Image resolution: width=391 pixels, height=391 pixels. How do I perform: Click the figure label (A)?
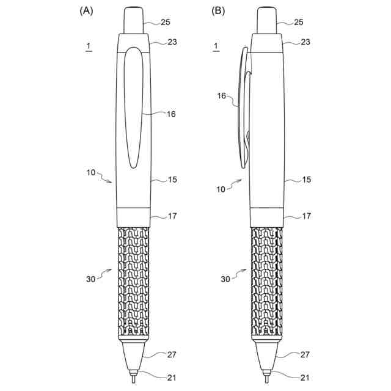[86, 10]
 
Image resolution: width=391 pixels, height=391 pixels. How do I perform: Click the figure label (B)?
[218, 10]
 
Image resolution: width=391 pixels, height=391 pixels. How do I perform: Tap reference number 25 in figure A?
[166, 22]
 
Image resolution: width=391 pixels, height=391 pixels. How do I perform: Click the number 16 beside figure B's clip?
[222, 96]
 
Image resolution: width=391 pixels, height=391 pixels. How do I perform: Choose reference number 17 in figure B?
[306, 216]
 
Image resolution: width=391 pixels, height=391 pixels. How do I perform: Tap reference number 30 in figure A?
[90, 279]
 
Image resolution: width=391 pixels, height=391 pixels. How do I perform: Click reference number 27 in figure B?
[306, 354]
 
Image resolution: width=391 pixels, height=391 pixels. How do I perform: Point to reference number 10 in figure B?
[221, 189]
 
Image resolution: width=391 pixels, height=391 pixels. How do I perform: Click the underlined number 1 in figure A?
[89, 46]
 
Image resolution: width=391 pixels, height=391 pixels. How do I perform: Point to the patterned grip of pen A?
[133, 281]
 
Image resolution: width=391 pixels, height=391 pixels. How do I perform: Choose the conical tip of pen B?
[266, 354]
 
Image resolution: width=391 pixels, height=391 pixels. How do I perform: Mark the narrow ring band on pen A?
[133, 216]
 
